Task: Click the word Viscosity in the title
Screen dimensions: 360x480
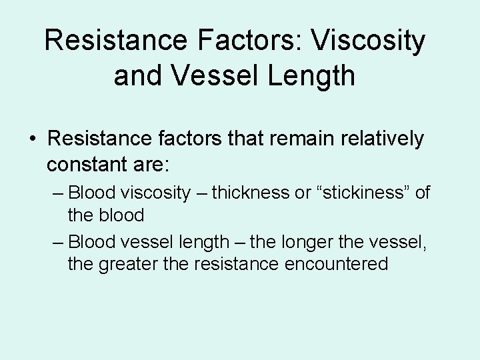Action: coord(369,41)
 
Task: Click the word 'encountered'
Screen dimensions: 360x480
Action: coord(336,263)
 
